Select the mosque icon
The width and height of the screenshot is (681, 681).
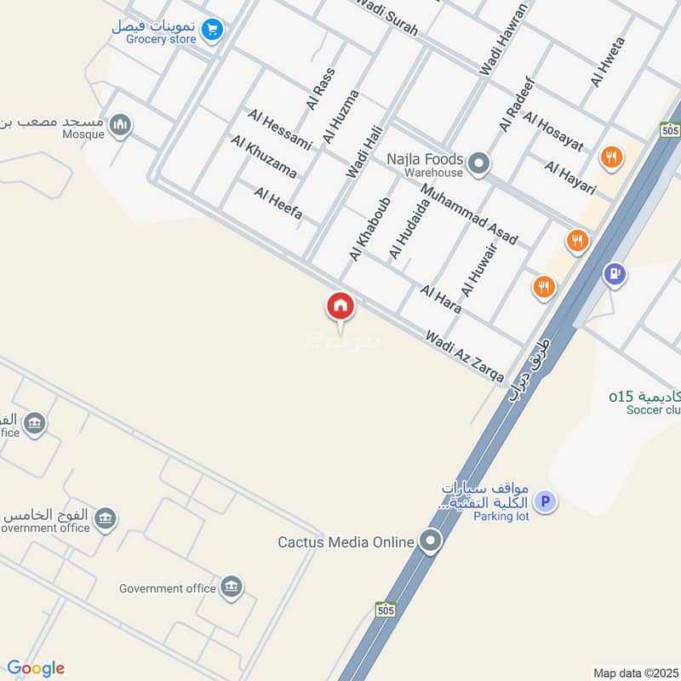coord(121,126)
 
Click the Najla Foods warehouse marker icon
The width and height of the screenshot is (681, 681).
coord(479,162)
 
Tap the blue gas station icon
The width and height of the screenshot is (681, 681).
coord(615,274)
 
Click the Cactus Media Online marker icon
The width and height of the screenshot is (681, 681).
coord(431,541)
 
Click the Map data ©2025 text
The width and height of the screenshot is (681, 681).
coord(634,672)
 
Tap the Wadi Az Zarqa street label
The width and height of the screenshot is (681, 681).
coord(465,357)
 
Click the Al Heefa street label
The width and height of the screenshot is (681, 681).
coord(278,203)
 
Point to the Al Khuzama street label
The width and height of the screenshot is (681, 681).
coord(264,156)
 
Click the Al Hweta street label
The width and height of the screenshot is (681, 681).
coord(608,60)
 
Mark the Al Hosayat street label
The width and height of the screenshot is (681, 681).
coord(553,131)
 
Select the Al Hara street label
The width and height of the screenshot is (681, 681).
coord(441,299)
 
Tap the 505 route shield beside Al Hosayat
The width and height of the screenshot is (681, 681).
coord(669,129)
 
